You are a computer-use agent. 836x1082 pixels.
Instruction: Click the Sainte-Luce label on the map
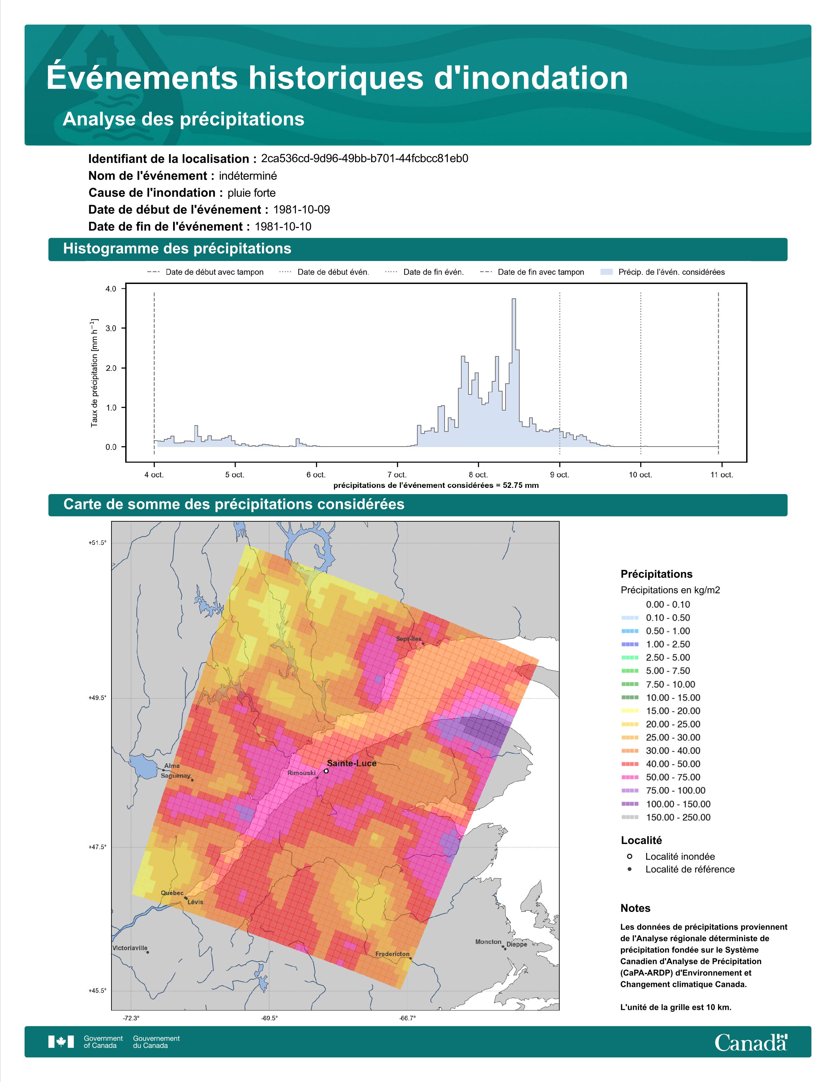coord(352,763)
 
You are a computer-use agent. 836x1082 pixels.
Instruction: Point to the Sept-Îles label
coord(408,639)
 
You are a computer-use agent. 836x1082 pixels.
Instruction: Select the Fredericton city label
coord(392,954)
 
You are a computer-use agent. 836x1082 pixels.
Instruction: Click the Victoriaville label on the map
coord(130,948)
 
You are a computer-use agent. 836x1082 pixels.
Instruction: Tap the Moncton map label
coord(488,942)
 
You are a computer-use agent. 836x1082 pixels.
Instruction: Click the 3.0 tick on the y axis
coord(111,328)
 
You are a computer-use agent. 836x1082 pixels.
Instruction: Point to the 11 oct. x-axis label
coord(722,475)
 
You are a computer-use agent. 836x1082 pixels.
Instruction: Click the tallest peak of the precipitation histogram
coord(514,300)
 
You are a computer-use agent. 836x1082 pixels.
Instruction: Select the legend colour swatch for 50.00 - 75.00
coord(629,777)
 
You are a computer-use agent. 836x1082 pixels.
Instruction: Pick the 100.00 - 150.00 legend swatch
coord(629,804)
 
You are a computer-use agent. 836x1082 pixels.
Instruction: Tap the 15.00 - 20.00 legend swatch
coord(629,711)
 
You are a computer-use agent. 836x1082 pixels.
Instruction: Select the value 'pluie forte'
coord(251,193)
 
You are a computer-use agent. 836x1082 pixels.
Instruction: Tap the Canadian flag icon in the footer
coord(61,1042)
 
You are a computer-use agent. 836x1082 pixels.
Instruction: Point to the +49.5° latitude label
coord(97,698)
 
